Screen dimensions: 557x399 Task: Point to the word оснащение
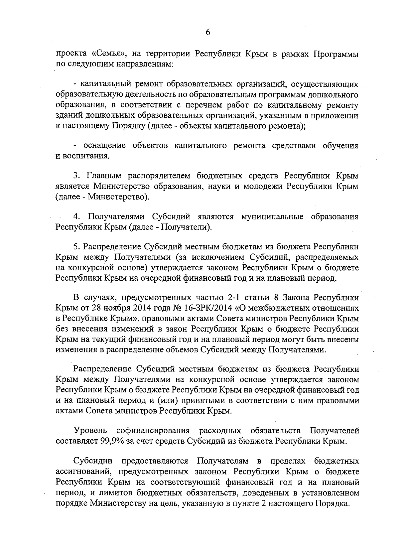tap(104, 145)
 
